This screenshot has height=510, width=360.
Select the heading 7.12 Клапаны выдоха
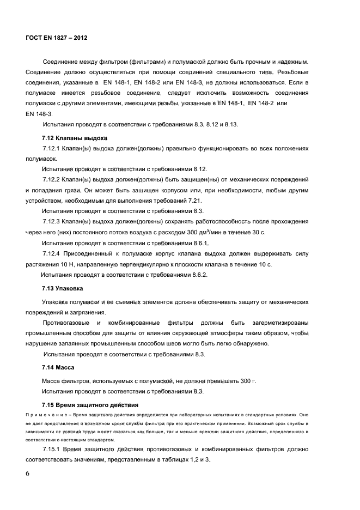tap(75, 137)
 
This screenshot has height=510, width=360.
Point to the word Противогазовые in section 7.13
tap(66, 323)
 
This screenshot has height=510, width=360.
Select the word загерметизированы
tap(277, 323)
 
